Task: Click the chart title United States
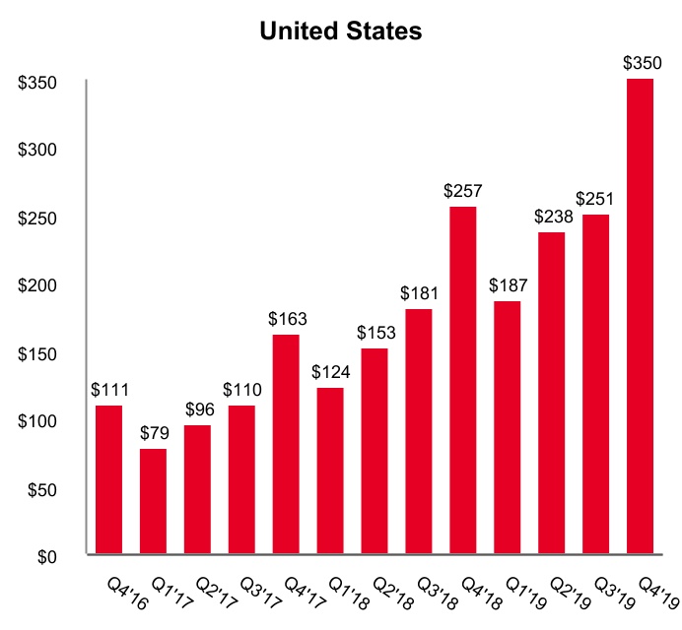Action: click(340, 31)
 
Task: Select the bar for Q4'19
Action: click(641, 316)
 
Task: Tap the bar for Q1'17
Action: click(153, 501)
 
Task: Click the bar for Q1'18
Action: click(330, 471)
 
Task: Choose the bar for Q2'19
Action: click(552, 393)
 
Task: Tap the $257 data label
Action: click(463, 191)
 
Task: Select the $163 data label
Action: click(286, 319)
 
